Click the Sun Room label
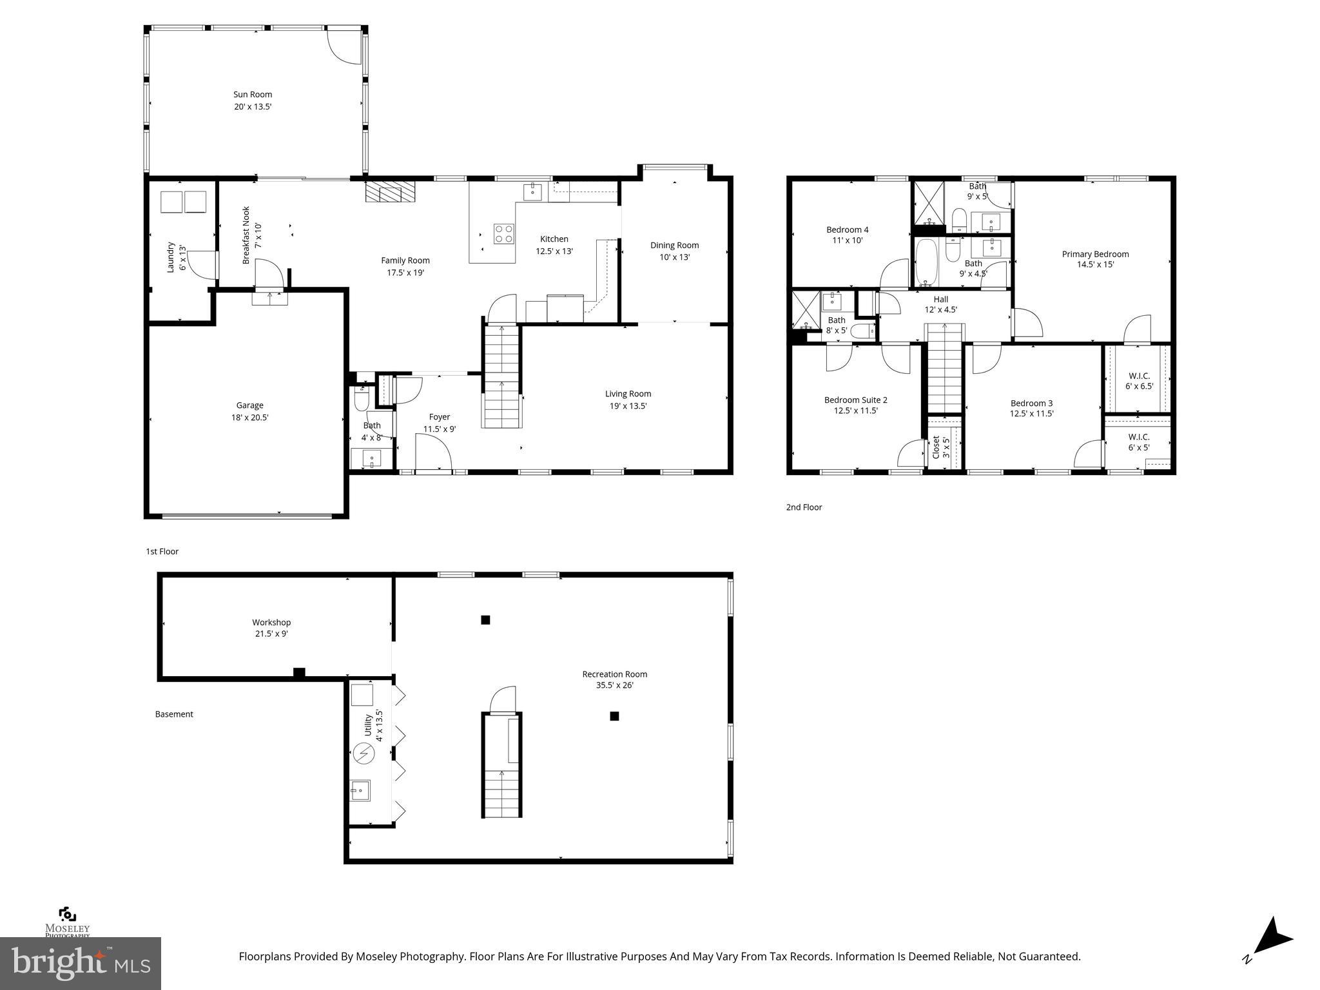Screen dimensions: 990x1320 click(x=253, y=94)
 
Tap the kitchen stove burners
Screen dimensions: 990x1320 click(x=504, y=233)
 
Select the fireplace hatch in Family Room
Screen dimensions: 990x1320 click(x=391, y=191)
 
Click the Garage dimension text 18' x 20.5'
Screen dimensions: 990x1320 click(x=249, y=417)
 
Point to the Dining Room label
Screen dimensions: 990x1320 click(x=674, y=245)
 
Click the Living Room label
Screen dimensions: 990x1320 click(x=628, y=394)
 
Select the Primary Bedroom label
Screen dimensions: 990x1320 click(x=1095, y=254)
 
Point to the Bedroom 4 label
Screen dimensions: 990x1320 click(x=847, y=229)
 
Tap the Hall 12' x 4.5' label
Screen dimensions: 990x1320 click(x=940, y=304)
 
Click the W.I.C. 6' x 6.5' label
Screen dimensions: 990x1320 click(x=1139, y=381)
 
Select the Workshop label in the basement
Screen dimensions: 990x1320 click(x=271, y=622)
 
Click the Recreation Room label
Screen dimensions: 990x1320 click(x=614, y=674)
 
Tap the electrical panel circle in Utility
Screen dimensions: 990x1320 click(x=363, y=753)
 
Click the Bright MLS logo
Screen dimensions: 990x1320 click(x=81, y=963)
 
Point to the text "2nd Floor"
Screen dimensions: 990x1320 click(x=804, y=507)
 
